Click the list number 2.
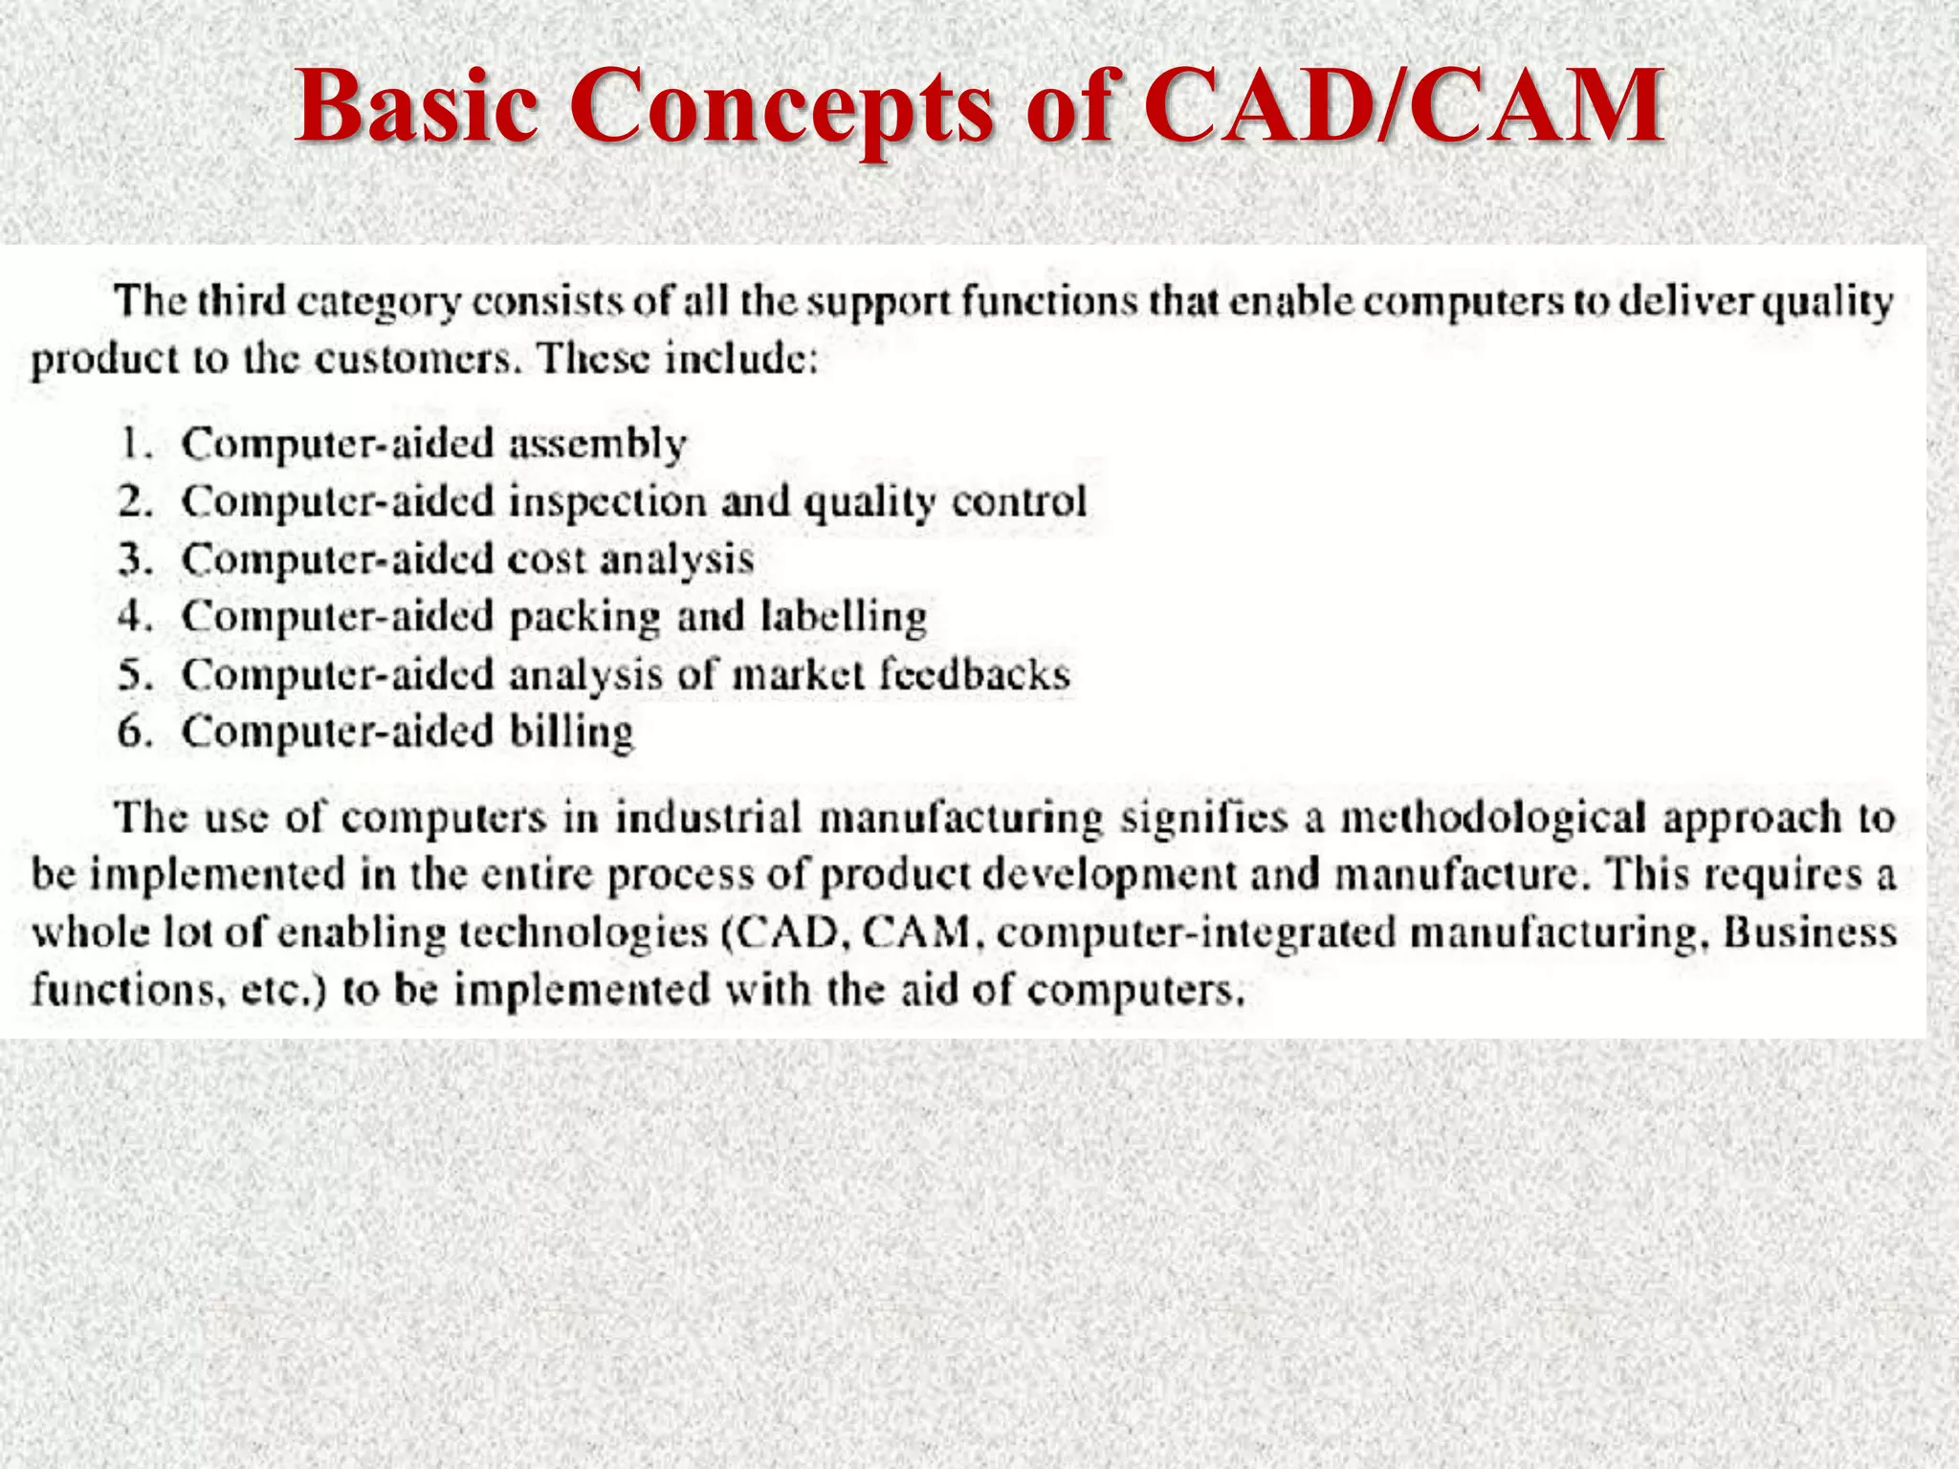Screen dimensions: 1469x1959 pos(135,501)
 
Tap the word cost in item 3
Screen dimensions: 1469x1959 pos(545,559)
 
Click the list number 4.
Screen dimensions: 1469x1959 pos(135,617)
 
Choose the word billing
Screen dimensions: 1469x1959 pos(570,733)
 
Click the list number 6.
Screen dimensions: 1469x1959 pos(135,733)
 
